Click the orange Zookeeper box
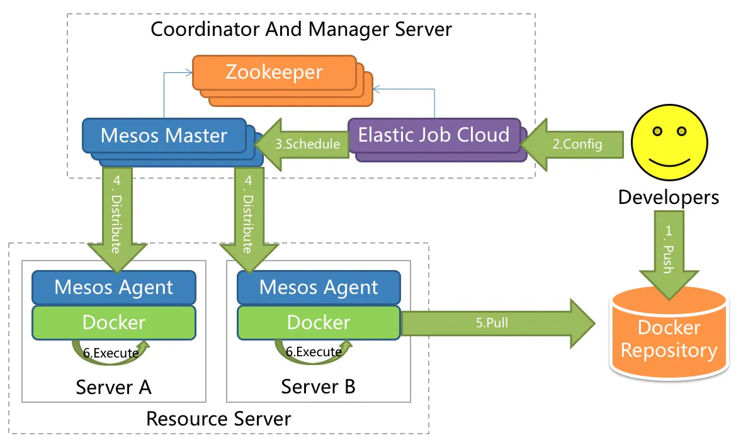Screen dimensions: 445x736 [273, 72]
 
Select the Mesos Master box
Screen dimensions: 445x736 [164, 135]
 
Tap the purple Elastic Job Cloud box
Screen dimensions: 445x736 [434, 135]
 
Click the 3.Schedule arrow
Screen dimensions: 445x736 [306, 144]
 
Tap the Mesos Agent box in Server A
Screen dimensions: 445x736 [114, 288]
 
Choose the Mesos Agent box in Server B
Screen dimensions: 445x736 [319, 288]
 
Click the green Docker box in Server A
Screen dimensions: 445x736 [114, 322]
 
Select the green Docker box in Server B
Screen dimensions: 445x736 [319, 322]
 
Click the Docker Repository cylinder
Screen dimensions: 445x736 [669, 340]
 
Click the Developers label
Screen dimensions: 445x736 [669, 197]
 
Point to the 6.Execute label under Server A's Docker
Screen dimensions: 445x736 [115, 353]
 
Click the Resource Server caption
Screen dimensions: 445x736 [218, 419]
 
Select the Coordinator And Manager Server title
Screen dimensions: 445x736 [301, 29]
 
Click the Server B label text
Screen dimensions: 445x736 [318, 386]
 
